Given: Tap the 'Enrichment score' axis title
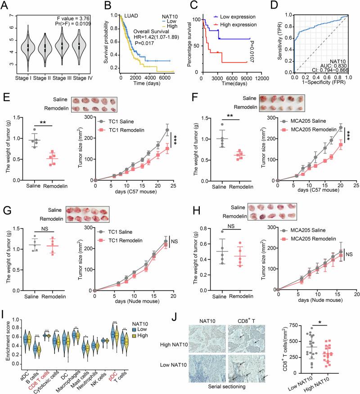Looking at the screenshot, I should (x=5, y=343).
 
